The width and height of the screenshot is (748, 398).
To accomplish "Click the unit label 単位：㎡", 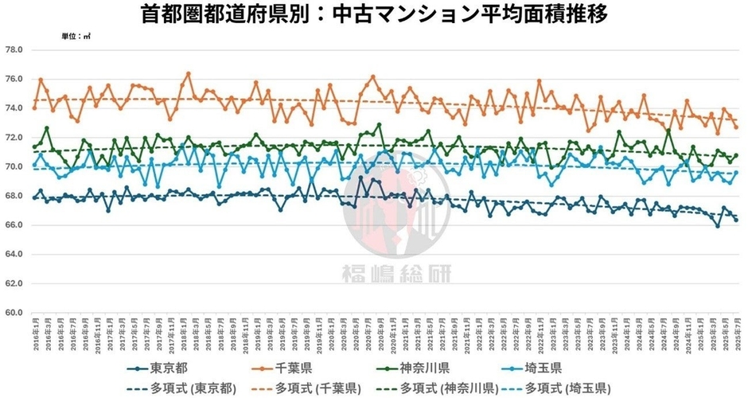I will click(76, 37).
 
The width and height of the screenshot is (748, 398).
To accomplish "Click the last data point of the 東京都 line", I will click(736, 220).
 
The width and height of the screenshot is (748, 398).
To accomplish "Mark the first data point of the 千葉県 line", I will click(34, 107).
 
